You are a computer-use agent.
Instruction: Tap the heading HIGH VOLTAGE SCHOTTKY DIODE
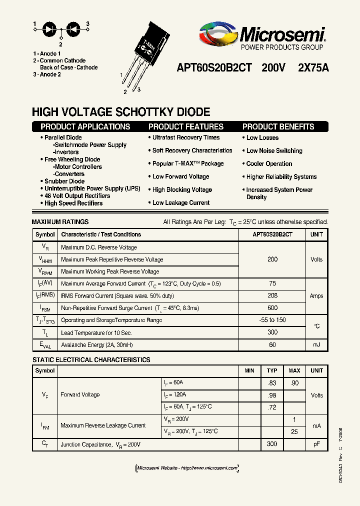(121, 112)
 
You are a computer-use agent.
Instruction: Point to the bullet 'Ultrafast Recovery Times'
(186, 137)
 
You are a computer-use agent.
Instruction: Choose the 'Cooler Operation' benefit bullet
(269, 164)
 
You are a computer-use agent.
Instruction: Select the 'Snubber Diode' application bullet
(64, 181)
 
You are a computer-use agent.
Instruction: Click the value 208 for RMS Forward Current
(272, 296)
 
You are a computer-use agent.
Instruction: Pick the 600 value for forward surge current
(272, 308)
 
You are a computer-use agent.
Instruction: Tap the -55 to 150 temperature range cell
(272, 320)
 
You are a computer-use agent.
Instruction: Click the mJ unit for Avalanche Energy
(316, 344)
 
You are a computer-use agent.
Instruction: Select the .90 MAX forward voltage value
(294, 383)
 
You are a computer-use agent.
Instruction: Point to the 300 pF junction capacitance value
(272, 444)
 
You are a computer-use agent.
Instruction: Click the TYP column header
(272, 371)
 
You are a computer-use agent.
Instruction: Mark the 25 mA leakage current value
(294, 431)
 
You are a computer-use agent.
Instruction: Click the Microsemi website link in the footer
(187, 468)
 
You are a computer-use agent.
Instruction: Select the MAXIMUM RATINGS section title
(60, 222)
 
